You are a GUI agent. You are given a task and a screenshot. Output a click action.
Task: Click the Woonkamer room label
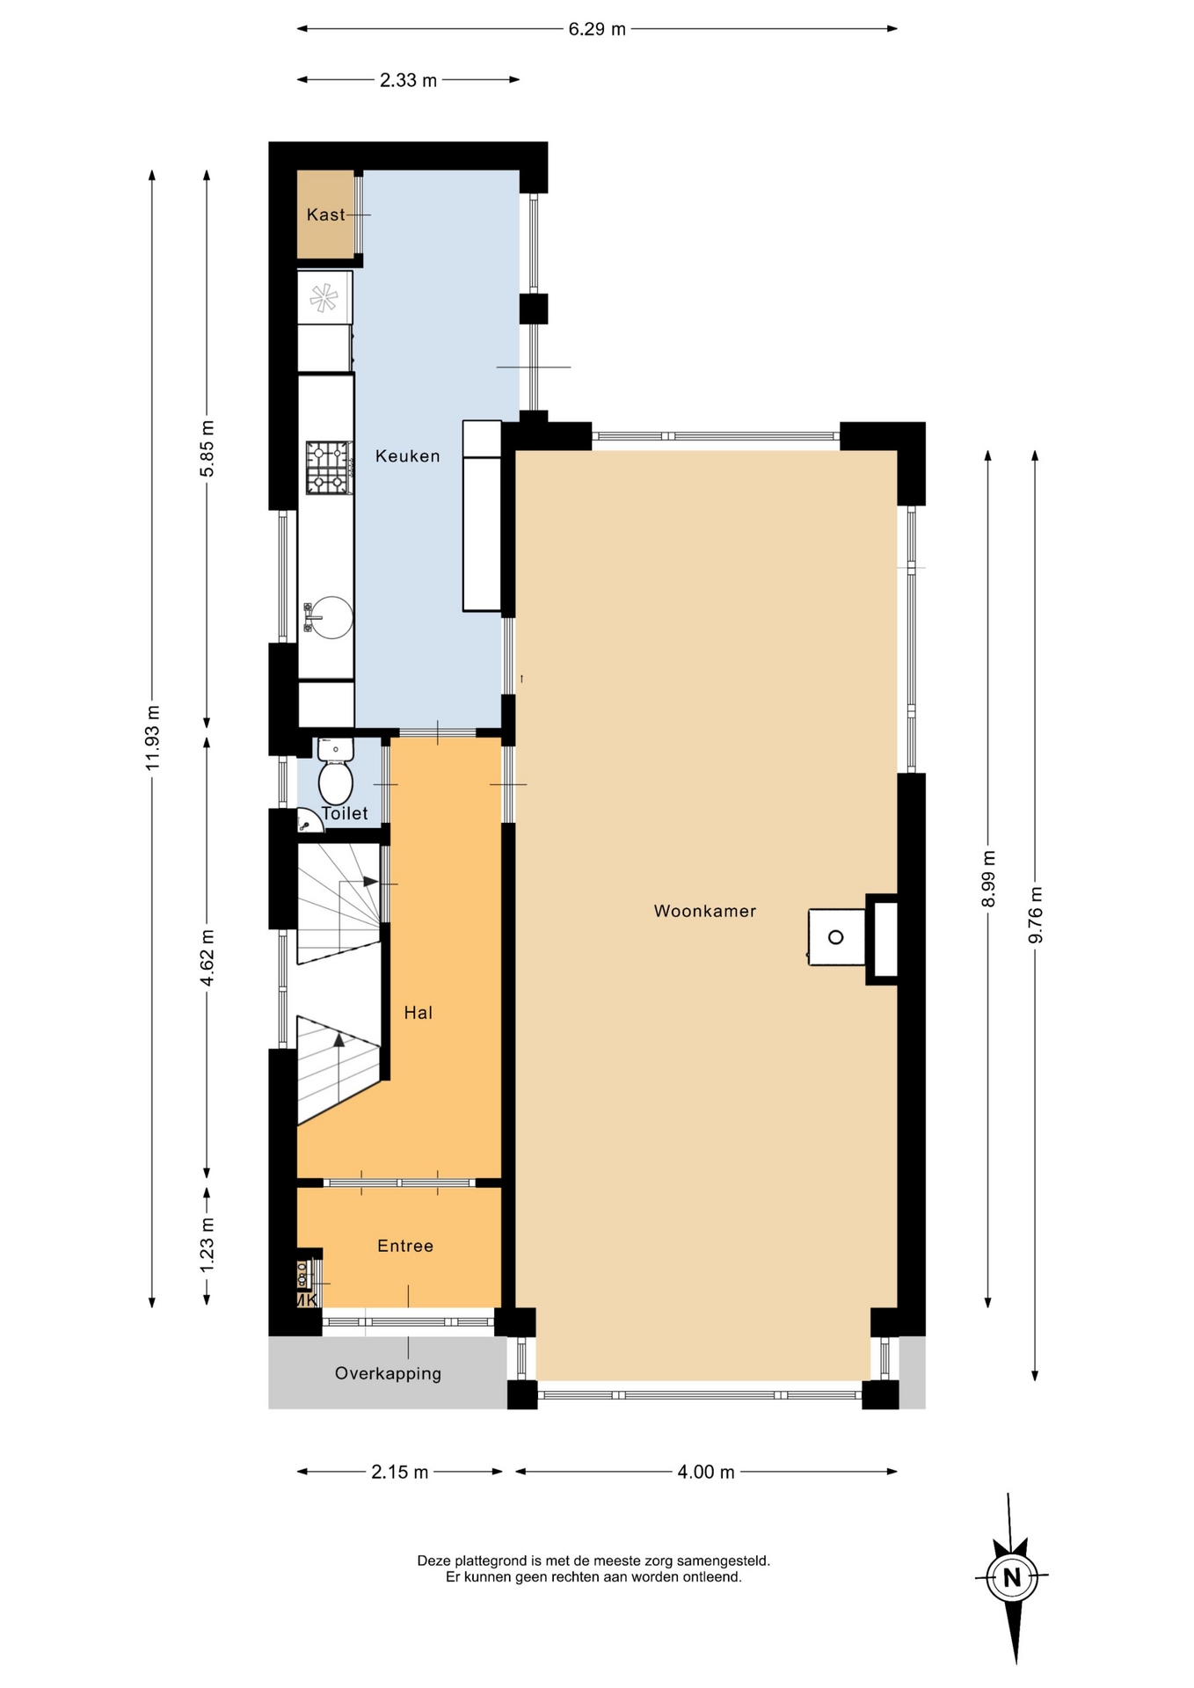coord(704,911)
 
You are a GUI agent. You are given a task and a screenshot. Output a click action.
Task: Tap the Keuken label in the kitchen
coord(407,455)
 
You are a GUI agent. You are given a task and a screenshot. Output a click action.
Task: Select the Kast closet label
coord(325,215)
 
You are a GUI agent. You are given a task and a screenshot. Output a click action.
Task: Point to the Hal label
coord(418,1013)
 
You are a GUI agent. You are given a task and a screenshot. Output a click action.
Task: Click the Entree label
coord(405,1246)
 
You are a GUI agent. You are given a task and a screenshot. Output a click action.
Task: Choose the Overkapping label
coord(388,1373)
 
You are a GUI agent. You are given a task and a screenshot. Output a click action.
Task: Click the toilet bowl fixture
coord(335,773)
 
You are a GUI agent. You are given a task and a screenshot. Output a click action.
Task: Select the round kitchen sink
coord(331,617)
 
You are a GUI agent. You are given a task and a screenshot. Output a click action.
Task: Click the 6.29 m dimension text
coord(597,29)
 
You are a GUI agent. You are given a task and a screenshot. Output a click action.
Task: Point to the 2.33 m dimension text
coord(408,81)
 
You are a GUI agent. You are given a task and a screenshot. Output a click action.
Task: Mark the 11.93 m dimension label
coord(153,738)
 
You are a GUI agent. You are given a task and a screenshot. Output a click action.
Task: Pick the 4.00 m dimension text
coord(705,1472)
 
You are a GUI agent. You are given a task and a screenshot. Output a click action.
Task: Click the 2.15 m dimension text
coord(399,1472)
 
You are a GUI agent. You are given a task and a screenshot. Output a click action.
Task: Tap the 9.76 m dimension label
coord(1036,914)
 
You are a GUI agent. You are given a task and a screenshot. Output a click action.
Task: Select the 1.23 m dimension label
coord(207,1245)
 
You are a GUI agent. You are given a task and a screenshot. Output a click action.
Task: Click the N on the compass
coord(1012,1577)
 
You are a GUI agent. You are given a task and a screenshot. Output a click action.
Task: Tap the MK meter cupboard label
coord(307,1299)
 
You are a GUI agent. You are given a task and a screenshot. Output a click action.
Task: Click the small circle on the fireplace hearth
coord(835,937)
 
